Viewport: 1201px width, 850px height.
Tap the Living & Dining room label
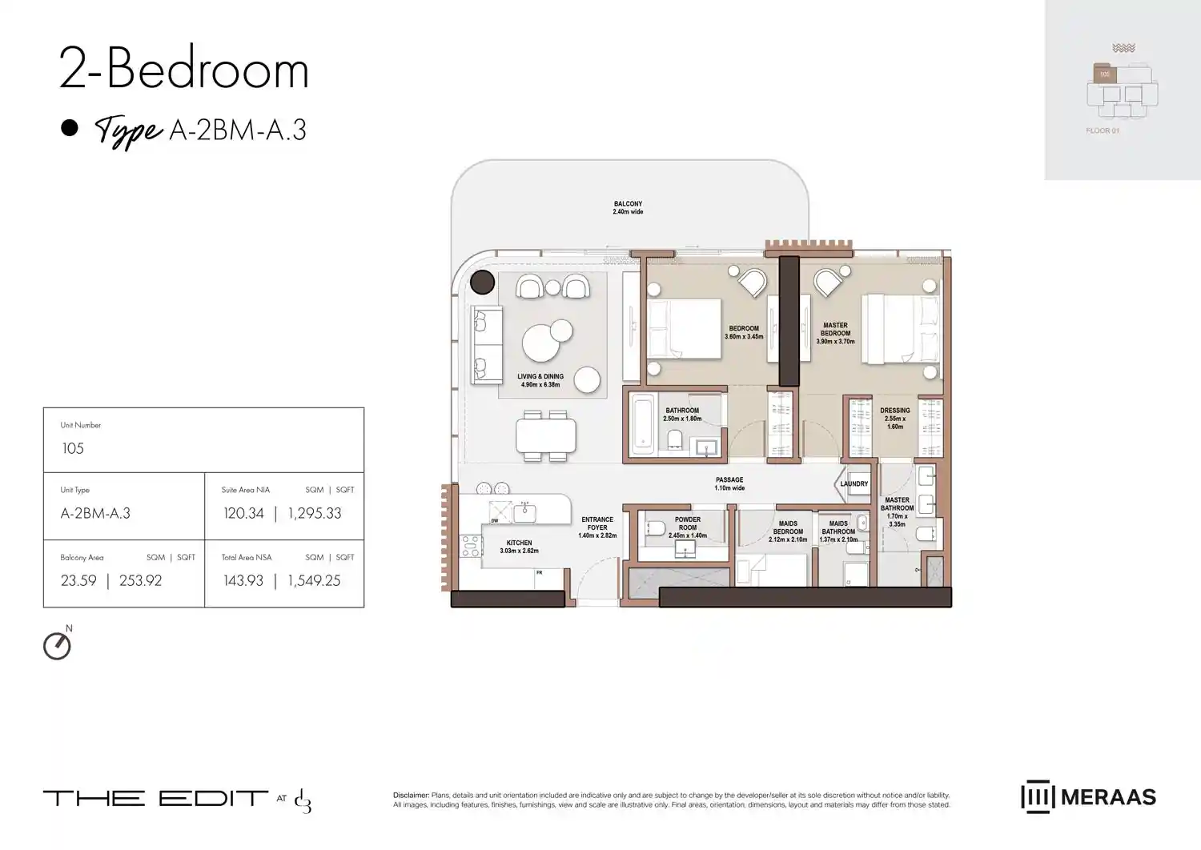click(x=540, y=380)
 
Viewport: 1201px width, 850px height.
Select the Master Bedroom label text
click(x=835, y=333)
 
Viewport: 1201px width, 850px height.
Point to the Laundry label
click(x=854, y=483)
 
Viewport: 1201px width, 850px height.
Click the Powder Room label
click(x=688, y=527)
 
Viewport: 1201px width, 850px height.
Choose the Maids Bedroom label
click(x=788, y=531)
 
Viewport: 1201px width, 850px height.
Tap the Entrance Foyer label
click(x=597, y=527)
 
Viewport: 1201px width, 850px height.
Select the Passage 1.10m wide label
click(x=729, y=483)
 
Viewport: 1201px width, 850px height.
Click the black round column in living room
click(x=482, y=283)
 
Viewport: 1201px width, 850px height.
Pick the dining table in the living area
click(x=546, y=436)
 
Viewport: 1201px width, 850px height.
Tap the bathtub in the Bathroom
click(x=643, y=423)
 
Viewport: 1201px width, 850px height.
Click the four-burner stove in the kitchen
click(x=470, y=546)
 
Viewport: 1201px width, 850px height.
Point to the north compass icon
click(x=57, y=646)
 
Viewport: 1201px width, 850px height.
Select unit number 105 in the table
click(x=73, y=449)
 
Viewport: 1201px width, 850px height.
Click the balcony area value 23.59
click(x=78, y=581)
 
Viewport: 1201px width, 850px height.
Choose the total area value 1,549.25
click(x=314, y=581)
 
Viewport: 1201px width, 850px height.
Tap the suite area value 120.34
click(x=243, y=514)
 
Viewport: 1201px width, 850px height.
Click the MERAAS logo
click(x=1088, y=797)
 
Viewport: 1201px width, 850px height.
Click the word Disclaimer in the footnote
click(x=411, y=796)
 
